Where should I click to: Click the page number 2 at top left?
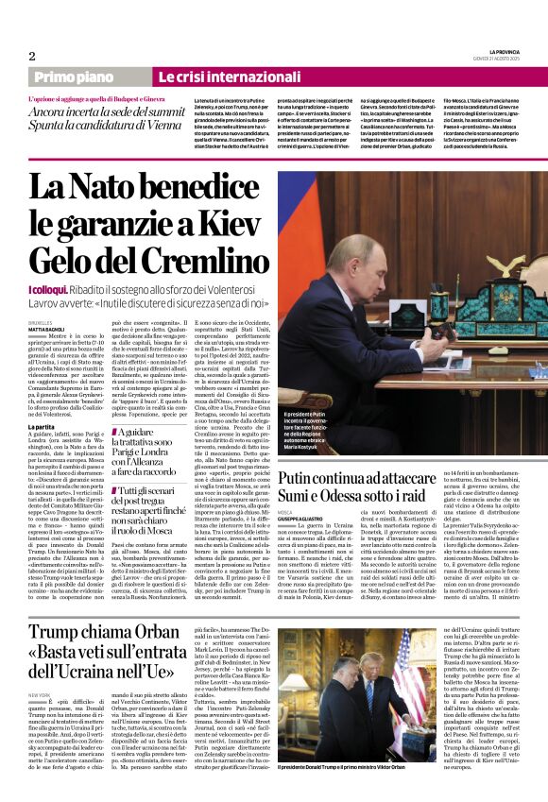click(x=32, y=56)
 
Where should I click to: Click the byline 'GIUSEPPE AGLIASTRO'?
click(x=302, y=518)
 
